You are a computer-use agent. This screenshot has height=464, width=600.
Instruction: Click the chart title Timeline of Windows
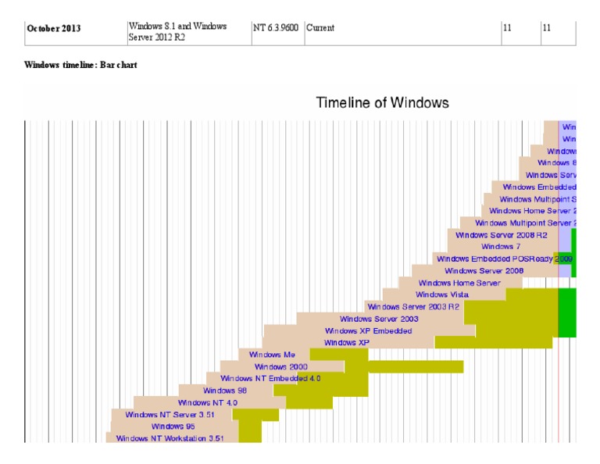[x=382, y=103]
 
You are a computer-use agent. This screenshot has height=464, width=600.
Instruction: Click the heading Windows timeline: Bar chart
[x=81, y=65]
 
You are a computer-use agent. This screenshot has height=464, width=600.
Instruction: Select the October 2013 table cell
[x=55, y=28]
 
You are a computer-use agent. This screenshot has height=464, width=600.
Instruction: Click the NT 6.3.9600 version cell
[x=276, y=28]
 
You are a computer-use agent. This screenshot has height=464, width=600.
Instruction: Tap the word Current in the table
[x=320, y=28]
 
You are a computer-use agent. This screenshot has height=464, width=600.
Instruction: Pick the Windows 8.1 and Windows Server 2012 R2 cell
[x=178, y=32]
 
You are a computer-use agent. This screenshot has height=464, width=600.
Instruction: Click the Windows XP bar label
[x=347, y=343]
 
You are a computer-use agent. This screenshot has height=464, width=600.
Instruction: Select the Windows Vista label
[x=442, y=294]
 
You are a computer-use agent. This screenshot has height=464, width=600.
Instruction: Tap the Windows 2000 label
[x=281, y=366]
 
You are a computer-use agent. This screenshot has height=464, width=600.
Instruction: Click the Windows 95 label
[x=168, y=427]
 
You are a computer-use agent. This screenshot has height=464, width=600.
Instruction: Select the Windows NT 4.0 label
[x=208, y=403]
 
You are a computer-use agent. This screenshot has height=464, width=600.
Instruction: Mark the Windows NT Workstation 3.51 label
[x=170, y=439]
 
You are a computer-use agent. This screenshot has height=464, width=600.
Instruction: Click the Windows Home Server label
[x=459, y=283]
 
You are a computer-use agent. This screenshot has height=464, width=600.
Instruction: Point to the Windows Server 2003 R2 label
[x=413, y=307]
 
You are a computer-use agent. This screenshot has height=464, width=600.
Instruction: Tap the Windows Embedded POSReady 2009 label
[x=505, y=259]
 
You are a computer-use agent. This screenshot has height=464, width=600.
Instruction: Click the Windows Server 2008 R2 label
[x=502, y=234]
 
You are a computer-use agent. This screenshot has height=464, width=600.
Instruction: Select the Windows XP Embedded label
[x=369, y=331]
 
